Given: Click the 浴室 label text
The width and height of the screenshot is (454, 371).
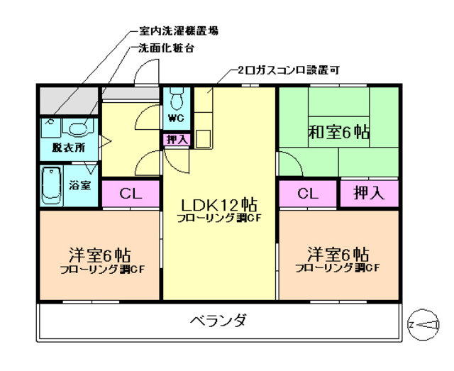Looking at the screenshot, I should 80,186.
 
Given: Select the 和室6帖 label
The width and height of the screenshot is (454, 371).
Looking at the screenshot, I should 338,132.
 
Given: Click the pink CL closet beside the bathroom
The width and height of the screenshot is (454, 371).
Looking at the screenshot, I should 131,193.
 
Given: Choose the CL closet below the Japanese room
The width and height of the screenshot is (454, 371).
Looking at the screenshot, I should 307,193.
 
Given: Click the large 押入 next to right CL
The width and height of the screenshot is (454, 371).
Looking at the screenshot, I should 368,193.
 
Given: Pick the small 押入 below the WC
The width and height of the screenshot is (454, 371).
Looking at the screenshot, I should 177,140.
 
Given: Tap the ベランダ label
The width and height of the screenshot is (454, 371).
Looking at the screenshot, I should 218,321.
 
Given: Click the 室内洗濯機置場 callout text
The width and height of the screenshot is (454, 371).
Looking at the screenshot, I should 175,31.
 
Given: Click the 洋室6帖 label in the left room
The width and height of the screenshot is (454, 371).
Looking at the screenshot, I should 99,255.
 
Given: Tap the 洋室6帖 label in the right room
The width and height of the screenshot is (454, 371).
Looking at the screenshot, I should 338,254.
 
